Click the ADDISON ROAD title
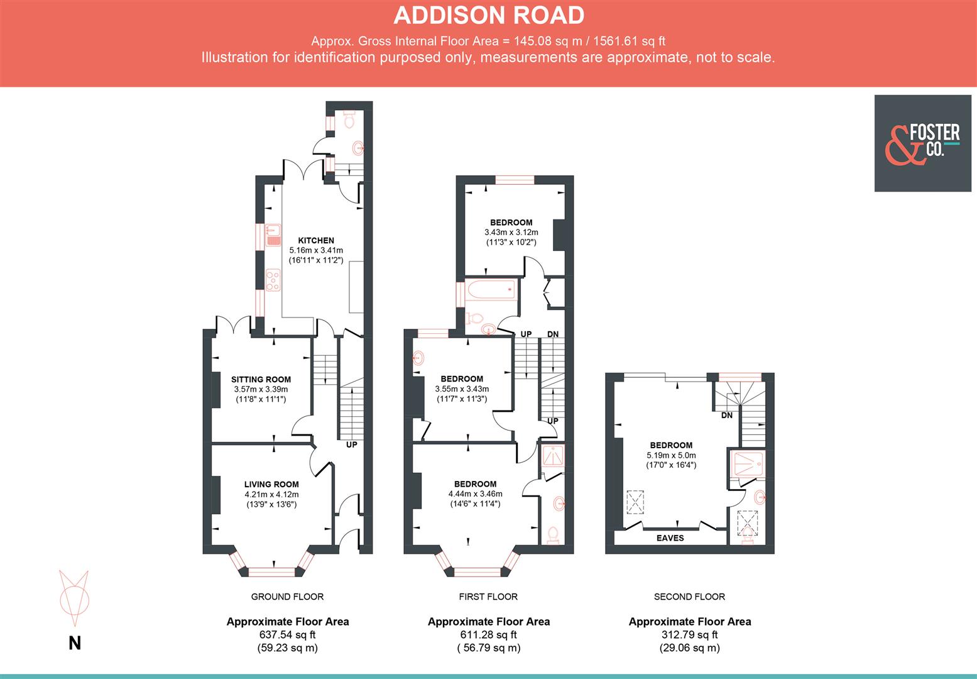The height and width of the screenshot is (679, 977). [488, 15]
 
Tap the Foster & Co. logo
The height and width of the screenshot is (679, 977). [922, 143]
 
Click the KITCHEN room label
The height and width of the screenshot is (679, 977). [315, 240]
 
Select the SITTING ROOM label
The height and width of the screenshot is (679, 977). [261, 379]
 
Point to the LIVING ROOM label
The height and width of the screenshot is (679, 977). [271, 484]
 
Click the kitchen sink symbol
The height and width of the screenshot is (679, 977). [273, 235]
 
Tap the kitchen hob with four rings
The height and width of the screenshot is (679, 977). [273, 279]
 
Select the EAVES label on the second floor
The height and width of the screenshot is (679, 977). [670, 538]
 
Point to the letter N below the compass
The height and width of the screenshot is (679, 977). [74, 643]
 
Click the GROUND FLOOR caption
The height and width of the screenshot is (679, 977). [287, 597]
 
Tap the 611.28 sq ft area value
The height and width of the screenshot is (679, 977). [488, 635]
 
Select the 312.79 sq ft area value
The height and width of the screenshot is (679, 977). [689, 635]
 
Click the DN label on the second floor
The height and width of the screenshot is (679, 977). [726, 416]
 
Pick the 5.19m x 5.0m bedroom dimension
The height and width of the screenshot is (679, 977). [671, 455]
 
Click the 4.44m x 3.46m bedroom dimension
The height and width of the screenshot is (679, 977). [475, 494]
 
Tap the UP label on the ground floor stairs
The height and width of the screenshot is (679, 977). [351, 444]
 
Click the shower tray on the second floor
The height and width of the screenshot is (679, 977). [747, 464]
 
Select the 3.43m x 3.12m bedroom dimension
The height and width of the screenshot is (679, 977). [511, 232]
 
